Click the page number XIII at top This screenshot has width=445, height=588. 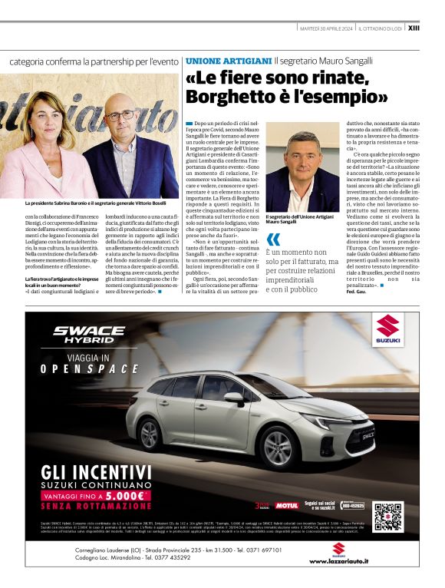414,28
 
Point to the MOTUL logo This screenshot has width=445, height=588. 286,505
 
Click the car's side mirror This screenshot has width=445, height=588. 235,397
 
